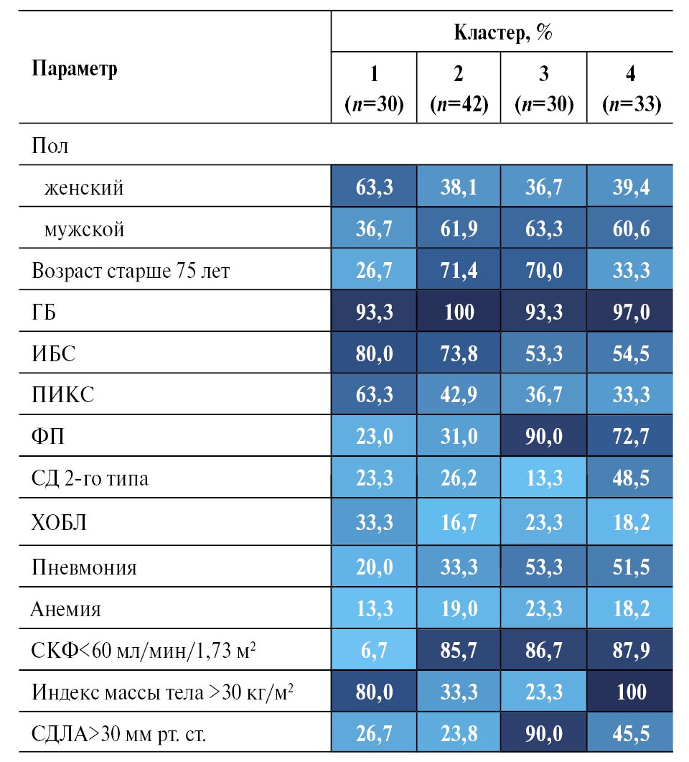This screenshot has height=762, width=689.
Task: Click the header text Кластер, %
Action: tap(502, 32)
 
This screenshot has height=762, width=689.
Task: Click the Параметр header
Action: tap(75, 70)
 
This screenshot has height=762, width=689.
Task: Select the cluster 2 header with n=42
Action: tap(459, 90)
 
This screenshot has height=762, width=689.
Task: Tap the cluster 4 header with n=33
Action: tap(630, 90)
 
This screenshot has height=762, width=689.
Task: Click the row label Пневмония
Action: tap(84, 567)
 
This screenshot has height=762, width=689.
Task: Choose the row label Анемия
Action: tap(65, 609)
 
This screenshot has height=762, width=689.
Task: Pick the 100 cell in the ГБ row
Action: tap(459, 312)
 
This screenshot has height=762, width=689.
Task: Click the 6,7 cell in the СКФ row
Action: tap(373, 651)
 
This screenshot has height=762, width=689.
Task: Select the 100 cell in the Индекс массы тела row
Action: tap(630, 692)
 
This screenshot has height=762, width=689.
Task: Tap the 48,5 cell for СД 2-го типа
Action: tap(630, 478)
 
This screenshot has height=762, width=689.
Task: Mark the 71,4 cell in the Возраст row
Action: tap(459, 271)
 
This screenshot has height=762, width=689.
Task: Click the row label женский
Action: tap(84, 187)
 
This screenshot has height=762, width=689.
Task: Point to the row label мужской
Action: tap(84, 229)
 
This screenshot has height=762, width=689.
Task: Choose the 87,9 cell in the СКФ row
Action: tap(630, 651)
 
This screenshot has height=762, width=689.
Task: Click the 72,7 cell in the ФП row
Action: tap(630, 436)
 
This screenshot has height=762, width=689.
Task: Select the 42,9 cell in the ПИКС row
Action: tap(459, 394)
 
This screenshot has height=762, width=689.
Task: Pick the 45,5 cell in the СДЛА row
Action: tap(630, 734)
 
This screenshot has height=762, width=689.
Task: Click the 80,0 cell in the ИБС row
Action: tap(373, 353)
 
